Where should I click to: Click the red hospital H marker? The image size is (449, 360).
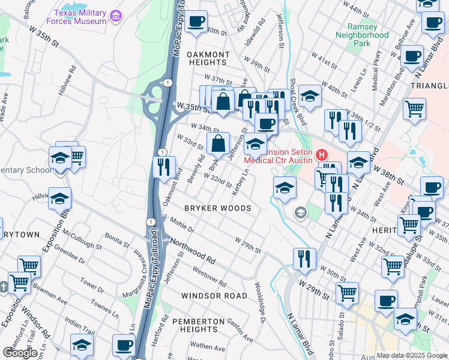coord(321,155)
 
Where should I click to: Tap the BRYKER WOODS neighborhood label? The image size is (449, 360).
coord(218,208)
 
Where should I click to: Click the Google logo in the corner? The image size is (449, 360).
coord(20,353)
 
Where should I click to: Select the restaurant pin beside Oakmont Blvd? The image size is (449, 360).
coord(164,167)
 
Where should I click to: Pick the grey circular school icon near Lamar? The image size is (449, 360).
coord(300,213)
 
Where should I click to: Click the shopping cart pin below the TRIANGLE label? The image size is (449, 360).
coord(414,109)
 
